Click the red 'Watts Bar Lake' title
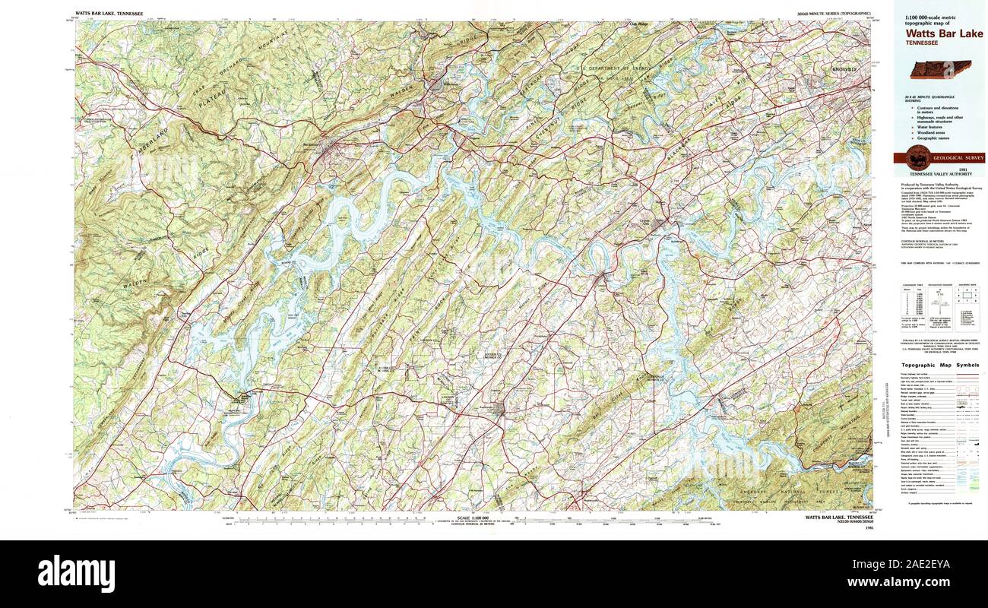pos(943,33)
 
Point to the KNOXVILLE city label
pos(844,70)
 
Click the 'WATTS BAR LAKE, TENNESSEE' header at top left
pos(111,14)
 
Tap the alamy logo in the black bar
pos(76,572)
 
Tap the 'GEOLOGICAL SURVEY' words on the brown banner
pos(958,158)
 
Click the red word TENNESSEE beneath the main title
pos(921,43)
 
